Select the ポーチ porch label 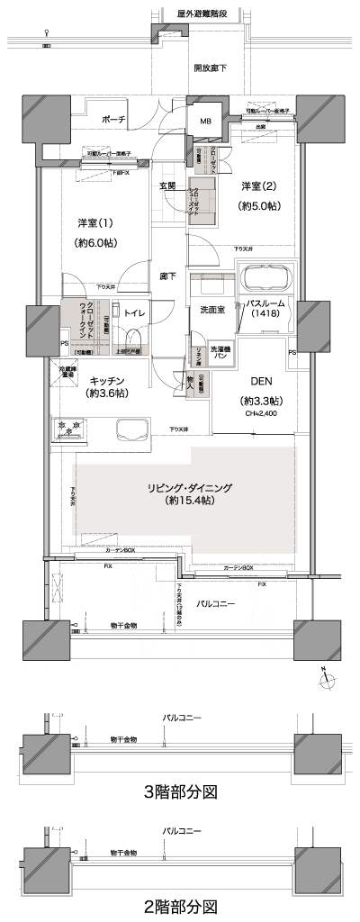(x=113, y=119)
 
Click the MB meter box (x=205, y=122)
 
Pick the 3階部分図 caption (x=180, y=791)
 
